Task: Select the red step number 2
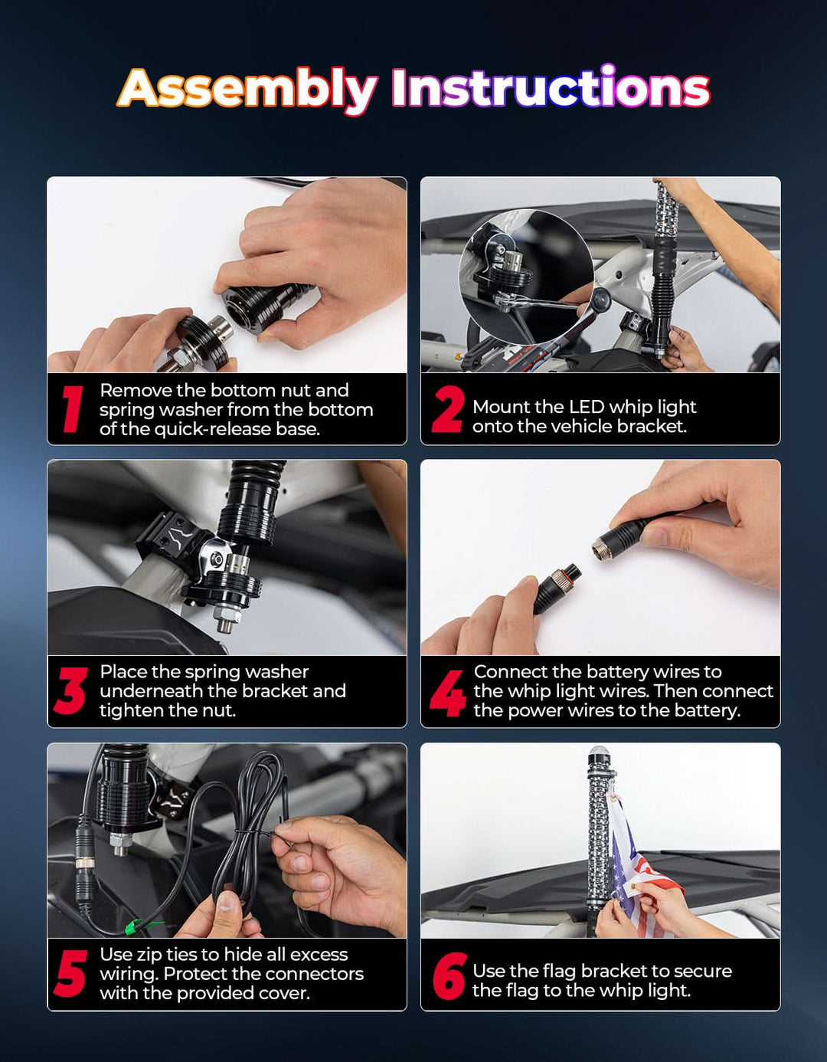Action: click(x=447, y=409)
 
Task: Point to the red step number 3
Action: click(x=71, y=690)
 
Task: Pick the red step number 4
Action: click(x=448, y=693)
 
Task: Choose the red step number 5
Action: click(x=71, y=974)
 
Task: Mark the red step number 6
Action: click(x=449, y=975)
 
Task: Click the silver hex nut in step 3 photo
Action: click(x=227, y=614)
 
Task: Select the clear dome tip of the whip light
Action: click(x=597, y=753)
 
